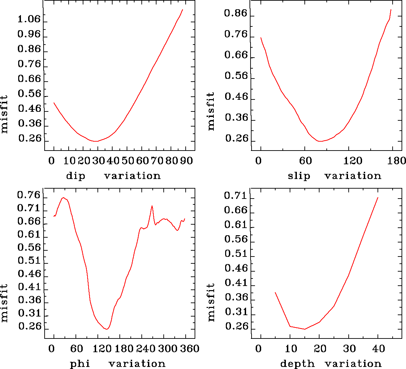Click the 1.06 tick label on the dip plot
29,19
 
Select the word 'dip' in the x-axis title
75,176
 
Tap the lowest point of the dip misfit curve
97,141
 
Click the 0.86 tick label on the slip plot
235,13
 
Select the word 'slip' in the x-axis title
299,176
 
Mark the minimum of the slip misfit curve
320,141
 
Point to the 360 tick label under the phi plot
190,349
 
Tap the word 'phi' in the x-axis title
80,364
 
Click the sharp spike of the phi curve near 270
152,206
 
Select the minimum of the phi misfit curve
107,329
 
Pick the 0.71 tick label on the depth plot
235,196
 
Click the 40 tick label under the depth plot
379,349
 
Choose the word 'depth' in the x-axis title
297,364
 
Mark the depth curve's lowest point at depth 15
305,329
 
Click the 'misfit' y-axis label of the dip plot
4,114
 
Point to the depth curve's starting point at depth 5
275,293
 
